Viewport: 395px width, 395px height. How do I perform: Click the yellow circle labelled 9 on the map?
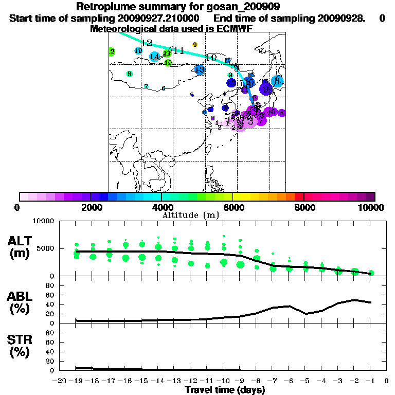(x=195, y=45)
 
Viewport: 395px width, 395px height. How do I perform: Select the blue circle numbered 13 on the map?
(x=200, y=69)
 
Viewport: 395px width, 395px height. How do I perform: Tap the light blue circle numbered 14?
(x=154, y=57)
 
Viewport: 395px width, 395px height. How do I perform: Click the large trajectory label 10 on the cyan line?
(x=211, y=58)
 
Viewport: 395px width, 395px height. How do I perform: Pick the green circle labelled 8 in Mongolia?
(x=129, y=74)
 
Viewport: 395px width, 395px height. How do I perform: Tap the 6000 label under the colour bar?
(x=232, y=207)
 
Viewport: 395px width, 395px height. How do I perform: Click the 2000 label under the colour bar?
(x=90, y=207)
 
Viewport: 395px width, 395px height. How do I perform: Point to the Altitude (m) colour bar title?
(x=190, y=214)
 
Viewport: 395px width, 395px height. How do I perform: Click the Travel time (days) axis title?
(x=225, y=390)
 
